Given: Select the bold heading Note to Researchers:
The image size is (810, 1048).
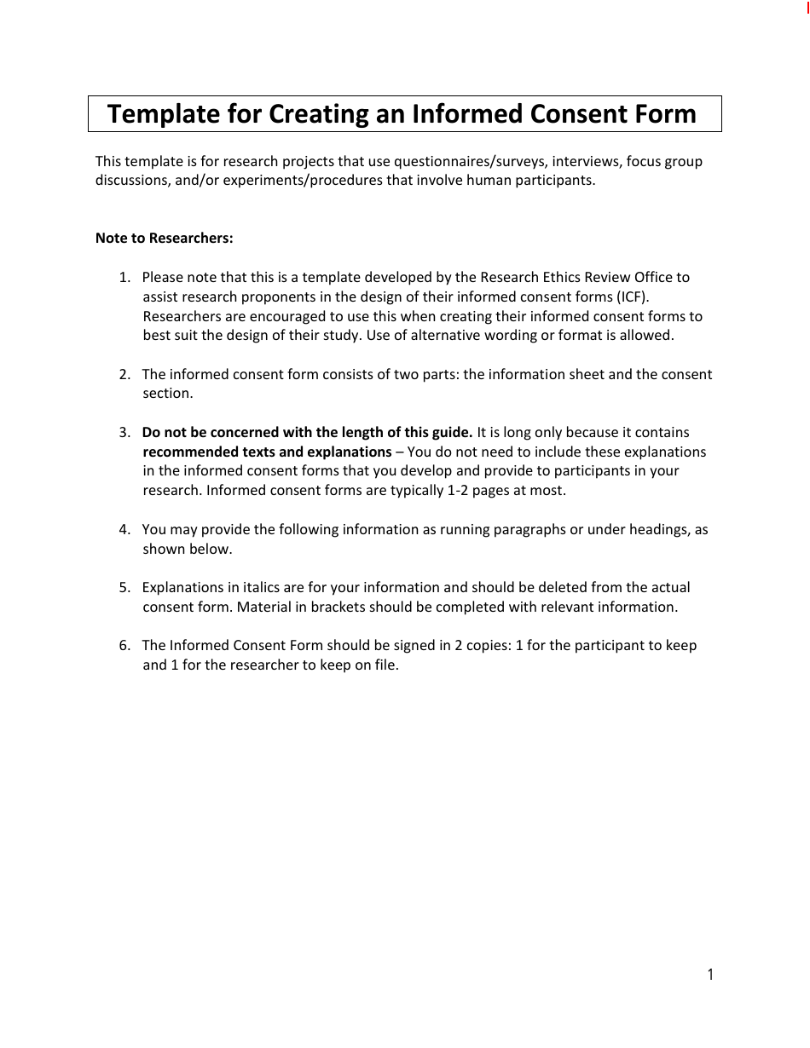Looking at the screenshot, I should click(164, 239).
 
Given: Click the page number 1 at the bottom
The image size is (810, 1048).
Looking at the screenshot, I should click(710, 975).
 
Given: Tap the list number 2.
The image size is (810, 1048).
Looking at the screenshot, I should click(124, 374).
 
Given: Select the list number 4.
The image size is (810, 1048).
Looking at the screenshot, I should click(124, 529).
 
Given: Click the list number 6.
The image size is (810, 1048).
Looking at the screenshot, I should click(124, 645).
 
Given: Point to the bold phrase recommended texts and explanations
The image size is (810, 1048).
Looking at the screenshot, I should click(267, 452).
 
